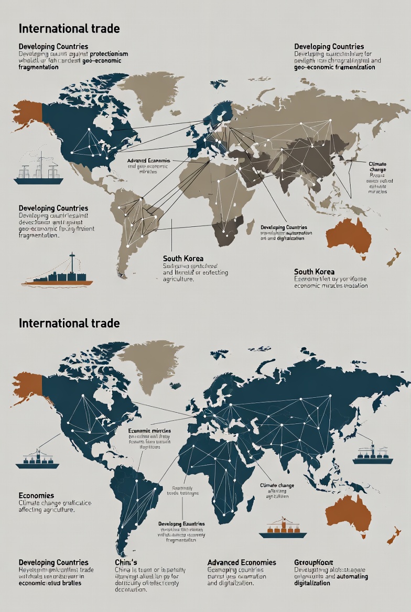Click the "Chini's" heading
click(126, 562)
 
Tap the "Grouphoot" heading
click(313, 562)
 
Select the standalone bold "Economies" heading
click(36, 495)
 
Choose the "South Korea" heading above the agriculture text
click(179, 258)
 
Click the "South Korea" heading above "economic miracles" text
click(314, 271)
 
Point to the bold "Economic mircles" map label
click(149, 430)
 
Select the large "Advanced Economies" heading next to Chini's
click(242, 562)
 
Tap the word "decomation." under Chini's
click(131, 589)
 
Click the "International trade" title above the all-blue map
click(69, 323)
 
